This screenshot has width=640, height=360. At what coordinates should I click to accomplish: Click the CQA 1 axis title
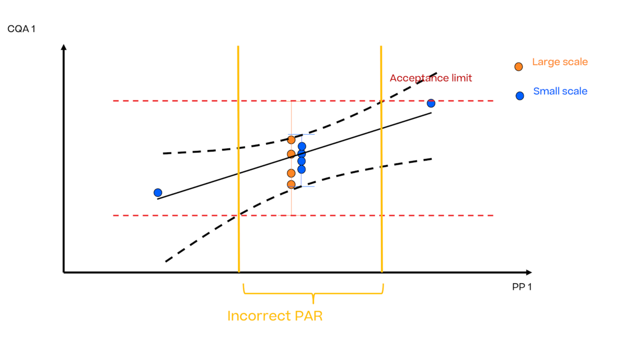[x=21, y=28]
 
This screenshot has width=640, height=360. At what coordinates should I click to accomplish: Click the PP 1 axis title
[x=522, y=287]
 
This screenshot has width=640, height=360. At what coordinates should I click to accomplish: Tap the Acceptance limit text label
[x=431, y=78]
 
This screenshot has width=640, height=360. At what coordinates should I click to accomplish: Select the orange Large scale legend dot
[x=519, y=66]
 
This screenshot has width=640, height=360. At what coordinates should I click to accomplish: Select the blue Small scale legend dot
[x=519, y=95]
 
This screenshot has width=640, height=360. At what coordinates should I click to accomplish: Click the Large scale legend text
[x=560, y=62]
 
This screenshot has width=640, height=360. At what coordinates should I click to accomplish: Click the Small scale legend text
[x=560, y=91]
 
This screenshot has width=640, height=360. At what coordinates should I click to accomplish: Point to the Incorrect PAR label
[x=275, y=316]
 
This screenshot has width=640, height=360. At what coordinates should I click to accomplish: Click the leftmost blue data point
[x=158, y=193]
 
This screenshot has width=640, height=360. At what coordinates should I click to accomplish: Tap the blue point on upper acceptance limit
[x=431, y=103]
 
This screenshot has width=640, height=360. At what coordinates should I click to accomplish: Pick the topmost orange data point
[x=291, y=140]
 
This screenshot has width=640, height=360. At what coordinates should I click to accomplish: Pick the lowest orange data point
[x=291, y=184]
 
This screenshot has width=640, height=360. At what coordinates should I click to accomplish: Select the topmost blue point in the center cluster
[x=302, y=147]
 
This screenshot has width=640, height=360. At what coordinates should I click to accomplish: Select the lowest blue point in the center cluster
[x=301, y=169]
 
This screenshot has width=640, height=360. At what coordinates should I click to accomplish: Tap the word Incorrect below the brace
[x=258, y=316]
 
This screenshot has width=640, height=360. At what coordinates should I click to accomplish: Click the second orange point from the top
[x=291, y=154]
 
